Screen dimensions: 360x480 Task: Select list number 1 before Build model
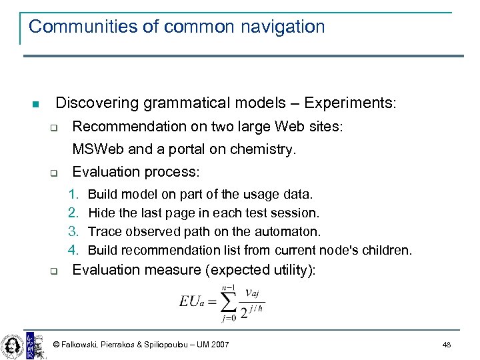[x=73, y=194]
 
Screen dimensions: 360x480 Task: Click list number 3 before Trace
[x=73, y=231]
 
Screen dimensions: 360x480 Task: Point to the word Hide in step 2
[x=101, y=213]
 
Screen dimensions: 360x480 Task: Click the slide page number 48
[x=446, y=344]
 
